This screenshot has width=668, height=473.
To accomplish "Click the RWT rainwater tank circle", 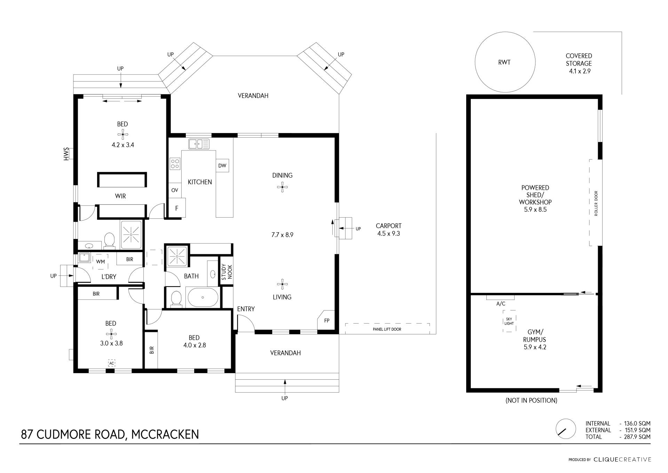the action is click(x=505, y=62).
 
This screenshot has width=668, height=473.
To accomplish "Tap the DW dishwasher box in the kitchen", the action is click(x=222, y=165).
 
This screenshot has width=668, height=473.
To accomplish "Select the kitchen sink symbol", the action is click(x=199, y=144).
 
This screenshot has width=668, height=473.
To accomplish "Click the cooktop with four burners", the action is click(x=175, y=164).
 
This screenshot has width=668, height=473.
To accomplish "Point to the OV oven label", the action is click(x=175, y=190).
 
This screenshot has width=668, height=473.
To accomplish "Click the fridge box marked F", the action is click(x=177, y=208).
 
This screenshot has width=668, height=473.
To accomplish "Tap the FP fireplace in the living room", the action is click(x=326, y=320).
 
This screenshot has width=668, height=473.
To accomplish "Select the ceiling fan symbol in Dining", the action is click(x=282, y=187).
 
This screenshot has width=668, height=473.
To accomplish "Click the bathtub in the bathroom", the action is click(x=203, y=297).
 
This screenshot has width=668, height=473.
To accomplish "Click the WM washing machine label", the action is click(x=100, y=262).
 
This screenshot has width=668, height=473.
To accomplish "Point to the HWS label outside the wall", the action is click(x=66, y=154).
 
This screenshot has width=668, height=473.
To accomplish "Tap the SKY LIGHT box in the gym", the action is click(x=509, y=321).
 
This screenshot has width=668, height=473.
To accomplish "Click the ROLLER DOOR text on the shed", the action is click(x=596, y=203).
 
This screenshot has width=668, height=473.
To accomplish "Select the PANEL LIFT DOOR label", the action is click(x=387, y=329).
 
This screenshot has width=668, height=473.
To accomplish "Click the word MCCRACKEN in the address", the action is click(x=165, y=434).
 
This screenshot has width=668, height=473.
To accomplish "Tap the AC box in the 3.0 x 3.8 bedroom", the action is click(x=111, y=363).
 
